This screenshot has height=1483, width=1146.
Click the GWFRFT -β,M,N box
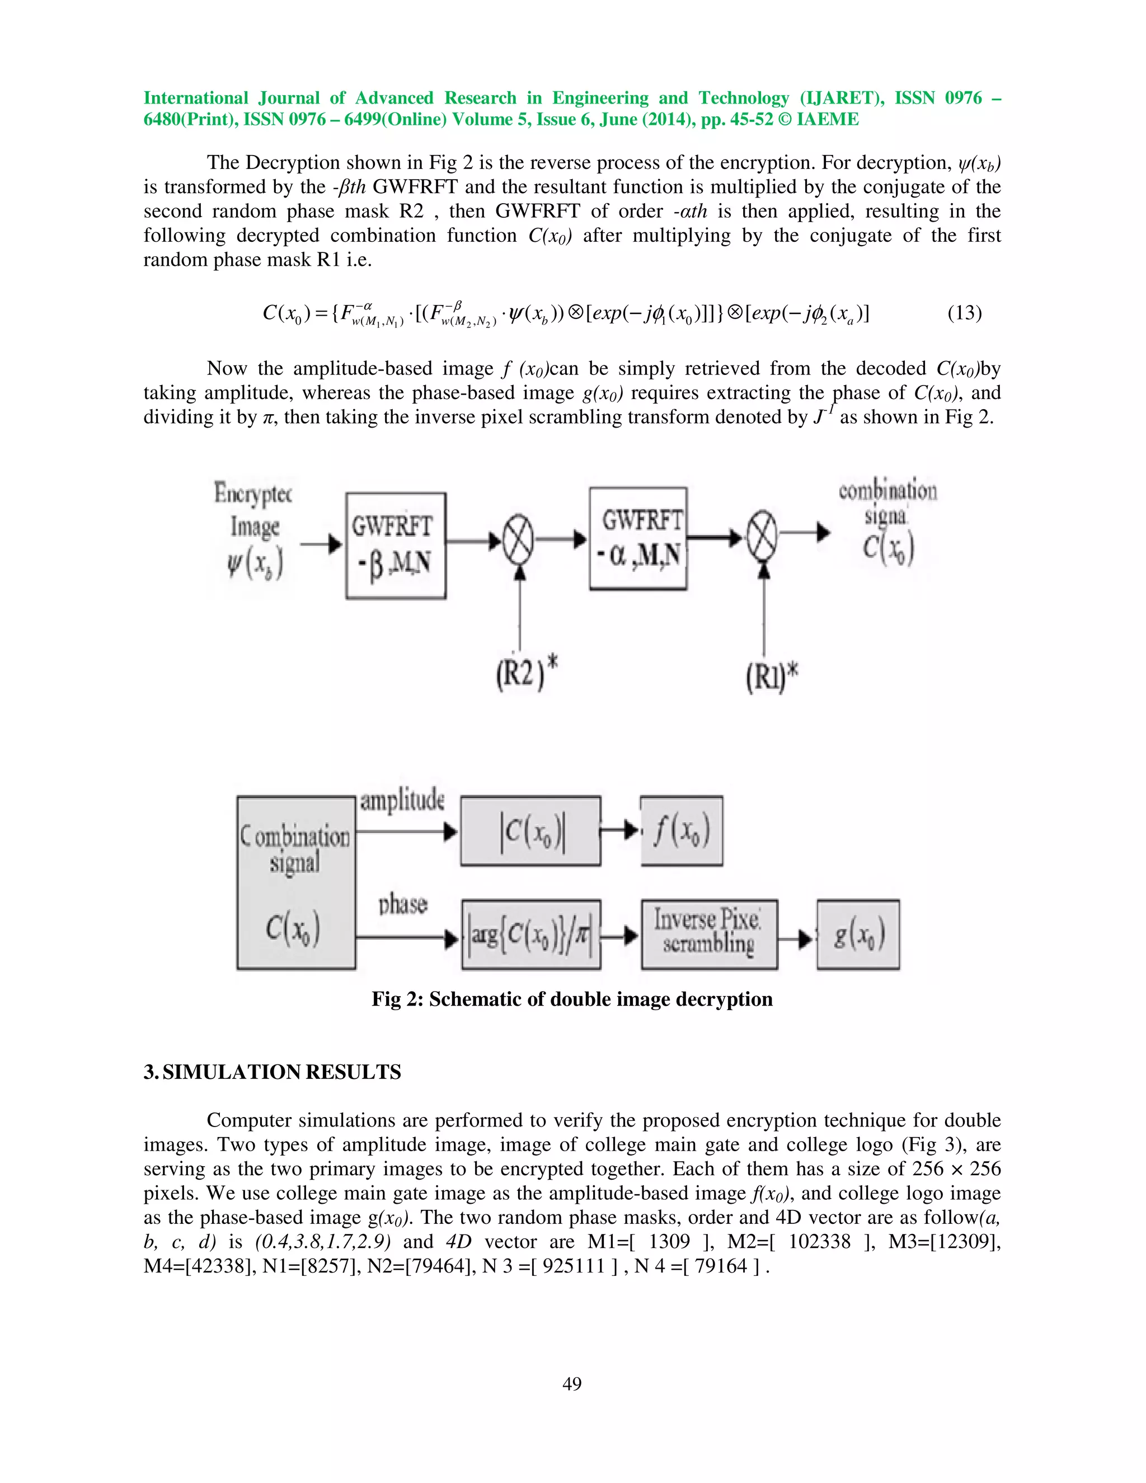point(396,545)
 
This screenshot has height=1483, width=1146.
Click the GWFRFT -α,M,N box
point(638,538)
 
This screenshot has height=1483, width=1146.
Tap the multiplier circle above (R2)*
point(519,541)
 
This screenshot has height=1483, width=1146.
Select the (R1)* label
point(771,677)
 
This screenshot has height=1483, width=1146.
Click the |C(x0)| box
point(531,831)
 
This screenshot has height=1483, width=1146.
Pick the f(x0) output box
point(681,831)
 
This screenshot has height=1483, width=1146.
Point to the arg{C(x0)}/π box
point(531,935)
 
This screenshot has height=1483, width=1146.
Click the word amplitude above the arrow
point(402,801)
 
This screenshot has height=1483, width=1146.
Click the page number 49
point(572,1383)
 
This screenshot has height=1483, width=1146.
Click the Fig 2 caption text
point(572,999)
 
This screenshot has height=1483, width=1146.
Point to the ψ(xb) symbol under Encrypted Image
point(255,564)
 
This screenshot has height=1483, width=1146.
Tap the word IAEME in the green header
point(828,120)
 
